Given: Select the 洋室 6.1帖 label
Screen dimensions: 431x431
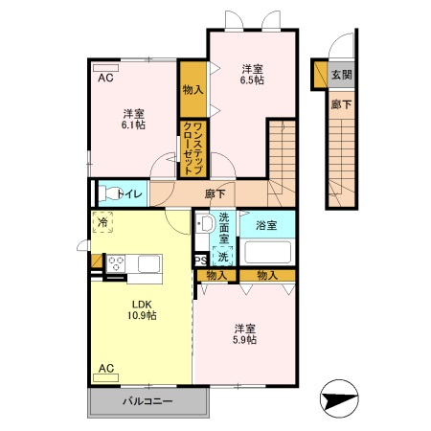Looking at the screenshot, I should tap(133, 118).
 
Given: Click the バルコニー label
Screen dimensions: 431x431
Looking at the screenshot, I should tap(147, 402).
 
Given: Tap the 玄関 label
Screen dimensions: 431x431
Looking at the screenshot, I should tap(341, 74).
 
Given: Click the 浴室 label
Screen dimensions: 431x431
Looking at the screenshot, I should tap(267, 225).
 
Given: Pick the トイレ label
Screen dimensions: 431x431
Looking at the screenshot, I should tap(131, 194).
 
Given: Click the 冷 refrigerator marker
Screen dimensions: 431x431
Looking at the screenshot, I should tap(102, 223).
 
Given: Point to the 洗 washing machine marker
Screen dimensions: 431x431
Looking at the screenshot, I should tap(222, 257).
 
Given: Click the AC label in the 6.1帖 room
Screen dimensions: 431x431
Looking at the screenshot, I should tap(104, 79).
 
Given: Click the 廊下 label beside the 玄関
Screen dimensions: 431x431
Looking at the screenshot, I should tap(341, 103).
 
